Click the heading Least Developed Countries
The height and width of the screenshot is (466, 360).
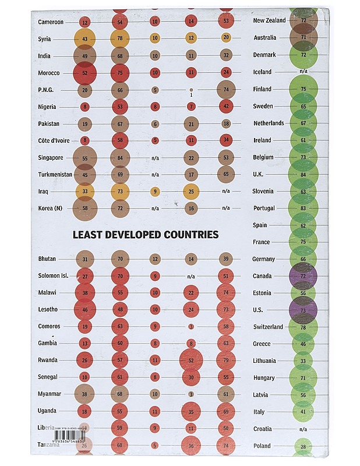click(145, 235)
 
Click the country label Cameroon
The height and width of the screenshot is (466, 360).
click(51, 22)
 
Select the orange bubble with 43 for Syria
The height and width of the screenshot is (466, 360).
click(85, 38)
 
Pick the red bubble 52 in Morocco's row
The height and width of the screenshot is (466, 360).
click(85, 73)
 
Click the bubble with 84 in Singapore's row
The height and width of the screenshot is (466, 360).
click(119, 157)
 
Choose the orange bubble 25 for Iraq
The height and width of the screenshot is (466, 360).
click(190, 190)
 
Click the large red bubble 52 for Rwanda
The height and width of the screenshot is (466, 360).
click(191, 361)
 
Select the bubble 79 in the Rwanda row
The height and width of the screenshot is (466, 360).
click(226, 361)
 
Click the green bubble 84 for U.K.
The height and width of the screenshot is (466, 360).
click(303, 174)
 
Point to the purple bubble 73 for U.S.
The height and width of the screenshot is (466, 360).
click(303, 310)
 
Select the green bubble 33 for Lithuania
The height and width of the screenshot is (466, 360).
click(303, 361)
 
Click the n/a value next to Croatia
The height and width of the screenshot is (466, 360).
click(303, 429)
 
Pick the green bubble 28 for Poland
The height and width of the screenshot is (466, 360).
click(303, 447)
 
